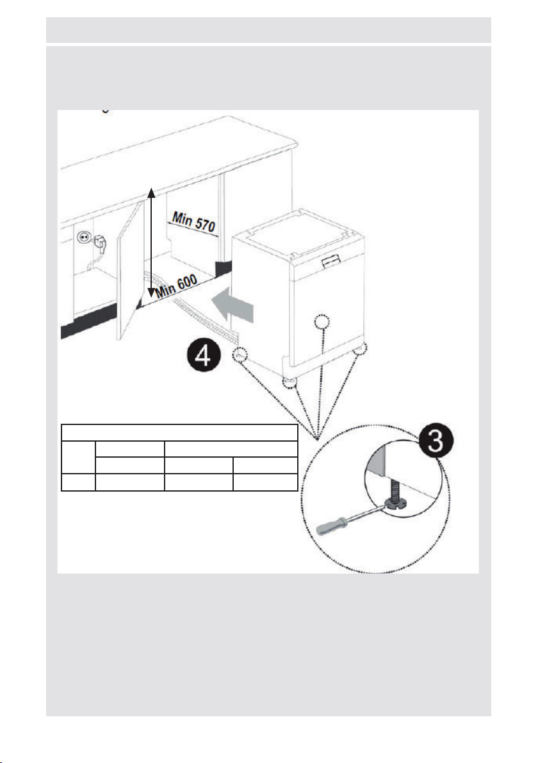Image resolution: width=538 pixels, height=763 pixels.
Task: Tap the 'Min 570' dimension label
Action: tap(193, 221)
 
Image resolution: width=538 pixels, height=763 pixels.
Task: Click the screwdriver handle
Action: tap(332, 527)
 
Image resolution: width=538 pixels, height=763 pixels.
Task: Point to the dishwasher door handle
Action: tap(332, 262)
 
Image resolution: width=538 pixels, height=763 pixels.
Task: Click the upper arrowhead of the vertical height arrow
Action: tap(152, 191)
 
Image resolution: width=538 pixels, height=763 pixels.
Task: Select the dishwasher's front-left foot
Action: tap(290, 382)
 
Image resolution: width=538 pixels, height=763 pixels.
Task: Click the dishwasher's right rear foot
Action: tap(361, 348)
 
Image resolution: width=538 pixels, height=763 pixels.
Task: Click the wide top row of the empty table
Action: tap(180, 433)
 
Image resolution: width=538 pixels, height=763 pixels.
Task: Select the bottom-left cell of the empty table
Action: tap(78, 482)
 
